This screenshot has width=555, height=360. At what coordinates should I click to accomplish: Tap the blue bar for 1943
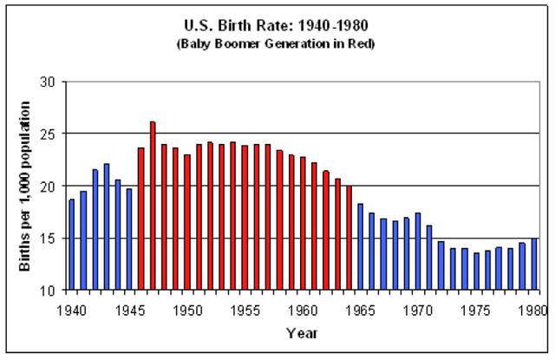[x=107, y=226]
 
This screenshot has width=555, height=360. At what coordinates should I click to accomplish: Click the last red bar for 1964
[x=349, y=238]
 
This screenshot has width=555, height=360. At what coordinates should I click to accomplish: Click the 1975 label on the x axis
[x=476, y=308]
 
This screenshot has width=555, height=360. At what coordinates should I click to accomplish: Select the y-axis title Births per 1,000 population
[x=25, y=186]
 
